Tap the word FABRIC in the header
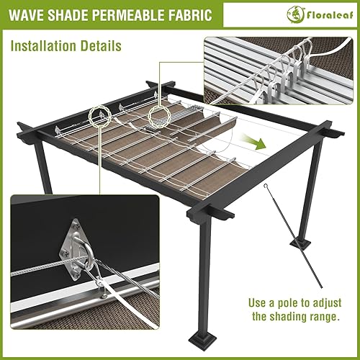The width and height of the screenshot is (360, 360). (x=186, y=14)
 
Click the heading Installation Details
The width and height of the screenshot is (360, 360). (x=66, y=46)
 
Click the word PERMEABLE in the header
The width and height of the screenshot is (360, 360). (x=125, y=14)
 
